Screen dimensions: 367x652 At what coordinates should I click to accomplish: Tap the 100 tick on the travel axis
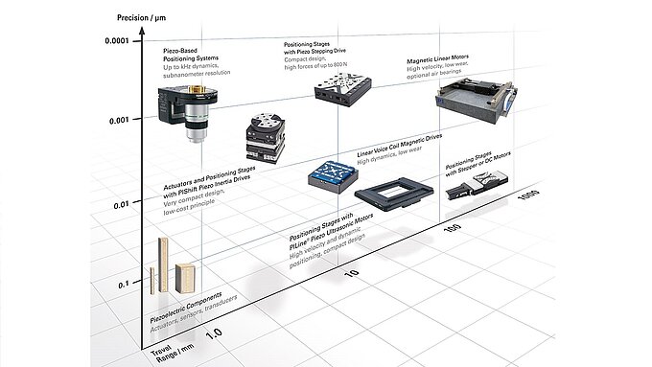tap(454, 231)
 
